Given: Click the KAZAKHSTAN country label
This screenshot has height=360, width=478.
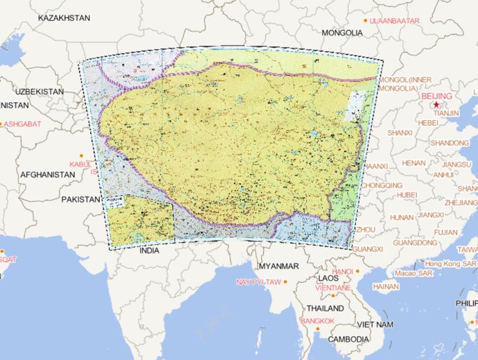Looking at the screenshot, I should [x=64, y=18].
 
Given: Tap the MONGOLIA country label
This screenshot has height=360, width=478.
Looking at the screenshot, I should [x=342, y=32].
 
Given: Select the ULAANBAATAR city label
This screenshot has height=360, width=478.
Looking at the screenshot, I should [x=395, y=21].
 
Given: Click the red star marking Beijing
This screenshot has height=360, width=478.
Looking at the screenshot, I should [x=436, y=105].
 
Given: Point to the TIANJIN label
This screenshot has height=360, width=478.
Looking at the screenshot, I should [x=446, y=113].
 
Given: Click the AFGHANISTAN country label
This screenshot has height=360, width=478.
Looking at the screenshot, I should [x=47, y=175].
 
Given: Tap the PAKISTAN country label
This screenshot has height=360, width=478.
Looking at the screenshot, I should [x=80, y=199].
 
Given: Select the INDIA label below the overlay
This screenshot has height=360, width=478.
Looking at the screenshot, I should [x=149, y=251].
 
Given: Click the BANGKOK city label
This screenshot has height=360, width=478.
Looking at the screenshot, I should [x=317, y=321].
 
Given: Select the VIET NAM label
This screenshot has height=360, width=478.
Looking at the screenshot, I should [x=375, y=324].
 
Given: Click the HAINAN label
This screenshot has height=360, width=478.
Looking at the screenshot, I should [x=386, y=287].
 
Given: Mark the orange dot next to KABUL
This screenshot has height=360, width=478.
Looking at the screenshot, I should [x=81, y=154].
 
